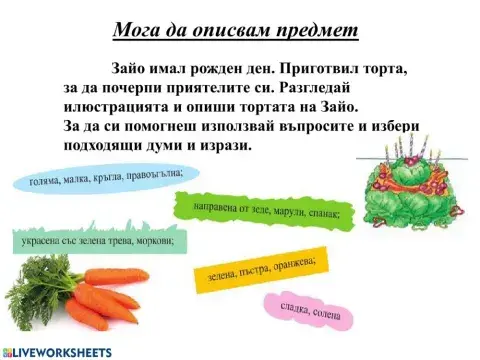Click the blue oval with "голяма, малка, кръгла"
point(99,180)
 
